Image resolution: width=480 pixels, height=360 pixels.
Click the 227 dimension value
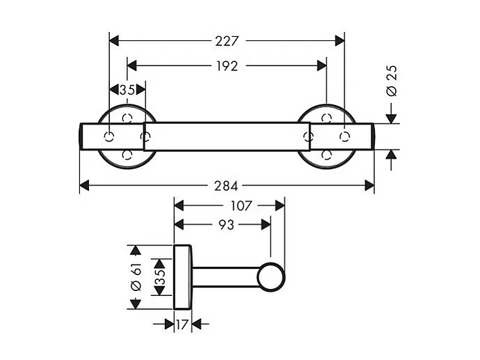click(x=227, y=41)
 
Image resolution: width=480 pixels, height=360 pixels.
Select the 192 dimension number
click(x=227, y=66)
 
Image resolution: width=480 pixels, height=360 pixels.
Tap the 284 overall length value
click(x=226, y=186)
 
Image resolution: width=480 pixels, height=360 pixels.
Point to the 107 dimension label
click(x=241, y=205)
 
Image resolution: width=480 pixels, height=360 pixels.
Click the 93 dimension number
click(x=226, y=225)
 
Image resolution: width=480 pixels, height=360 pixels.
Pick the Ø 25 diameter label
click(x=392, y=81)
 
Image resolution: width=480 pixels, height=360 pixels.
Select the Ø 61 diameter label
click(x=136, y=276)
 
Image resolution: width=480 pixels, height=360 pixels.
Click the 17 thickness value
click(x=182, y=324)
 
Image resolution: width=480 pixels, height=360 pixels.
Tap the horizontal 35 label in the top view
click(x=127, y=90)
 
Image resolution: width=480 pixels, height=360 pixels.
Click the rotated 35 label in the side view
click(x=159, y=277)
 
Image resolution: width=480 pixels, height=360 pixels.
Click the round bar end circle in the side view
click(x=271, y=277)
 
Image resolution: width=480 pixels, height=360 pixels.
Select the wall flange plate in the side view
click(x=183, y=277)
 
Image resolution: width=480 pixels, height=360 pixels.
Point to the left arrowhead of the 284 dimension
click(x=84, y=186)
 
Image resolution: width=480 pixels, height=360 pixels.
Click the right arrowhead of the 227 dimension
click(x=339, y=41)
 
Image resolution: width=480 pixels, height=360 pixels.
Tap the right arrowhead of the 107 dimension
click(x=280, y=205)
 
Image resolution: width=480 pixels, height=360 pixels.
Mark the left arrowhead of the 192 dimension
click(x=132, y=65)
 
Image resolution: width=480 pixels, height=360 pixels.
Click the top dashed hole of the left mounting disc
click(x=127, y=118)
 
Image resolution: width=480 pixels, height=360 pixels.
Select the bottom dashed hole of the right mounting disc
click(x=327, y=155)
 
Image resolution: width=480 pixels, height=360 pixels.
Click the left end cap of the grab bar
click(x=81, y=136)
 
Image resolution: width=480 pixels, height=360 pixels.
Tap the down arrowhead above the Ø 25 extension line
click(x=391, y=118)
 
